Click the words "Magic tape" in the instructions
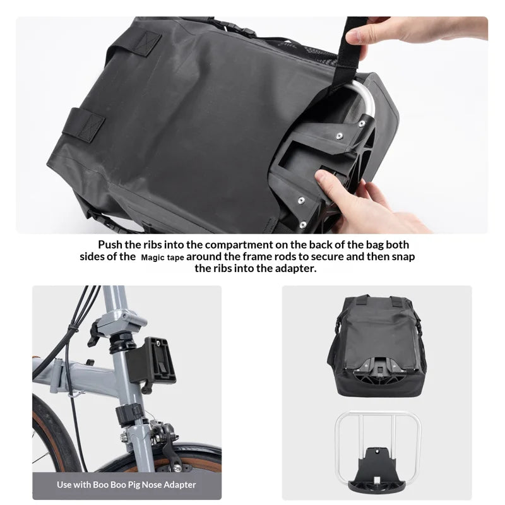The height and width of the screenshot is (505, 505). click(x=162, y=258)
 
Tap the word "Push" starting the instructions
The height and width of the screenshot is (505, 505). click(x=110, y=245)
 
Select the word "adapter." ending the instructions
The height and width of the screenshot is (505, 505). click(x=296, y=269)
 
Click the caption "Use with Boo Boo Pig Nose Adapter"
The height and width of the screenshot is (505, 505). click(x=126, y=485)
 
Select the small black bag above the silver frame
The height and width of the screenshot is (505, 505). click(x=377, y=345)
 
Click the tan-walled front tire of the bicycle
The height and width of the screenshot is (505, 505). click(x=55, y=435)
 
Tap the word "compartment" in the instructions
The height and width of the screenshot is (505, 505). click(x=239, y=246)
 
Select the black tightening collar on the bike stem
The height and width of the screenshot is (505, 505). click(x=129, y=414)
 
